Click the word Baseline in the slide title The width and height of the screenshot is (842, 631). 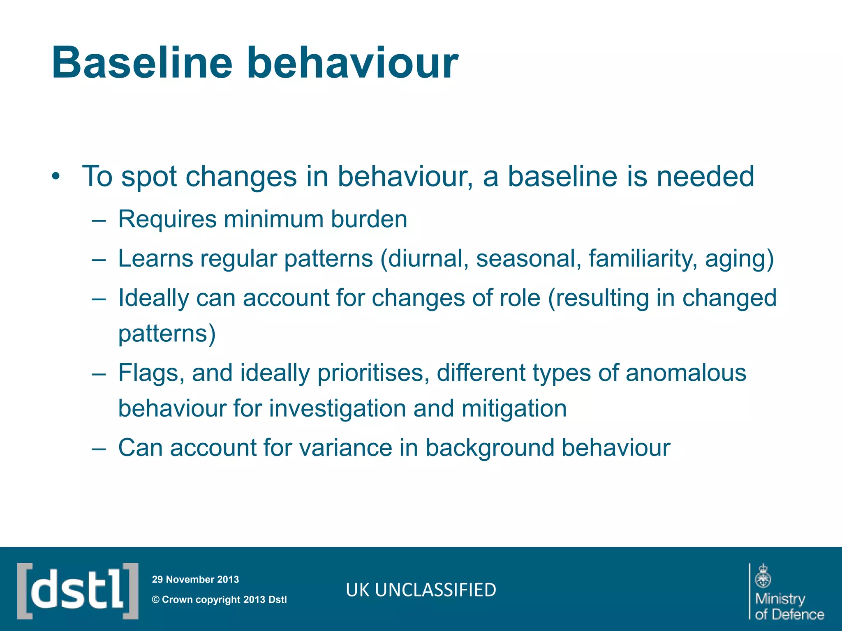pyautogui.click(x=142, y=63)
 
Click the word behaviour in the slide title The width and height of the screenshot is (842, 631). pyautogui.click(x=352, y=63)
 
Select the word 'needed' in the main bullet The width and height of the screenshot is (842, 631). pyautogui.click(x=705, y=177)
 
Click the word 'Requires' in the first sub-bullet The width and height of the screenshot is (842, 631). pyautogui.click(x=167, y=219)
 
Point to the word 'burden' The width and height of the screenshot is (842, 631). pyautogui.click(x=369, y=219)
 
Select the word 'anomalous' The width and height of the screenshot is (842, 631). pyautogui.click(x=686, y=373)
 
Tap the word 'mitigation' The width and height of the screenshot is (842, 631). pyautogui.click(x=514, y=409)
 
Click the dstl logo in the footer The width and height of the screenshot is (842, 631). pyautogui.click(x=78, y=591)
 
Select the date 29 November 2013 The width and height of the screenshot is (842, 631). pyautogui.click(x=195, y=580)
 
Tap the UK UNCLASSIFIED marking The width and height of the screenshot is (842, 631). pyautogui.click(x=421, y=590)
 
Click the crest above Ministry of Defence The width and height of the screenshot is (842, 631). pyautogui.click(x=763, y=576)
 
